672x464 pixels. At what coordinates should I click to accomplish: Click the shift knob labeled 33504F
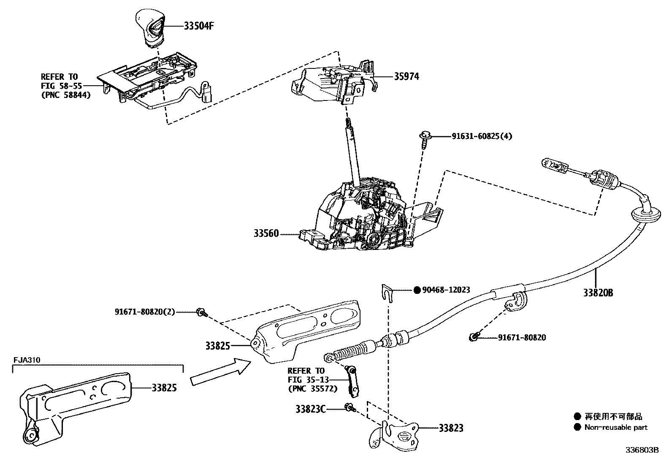point(151,27)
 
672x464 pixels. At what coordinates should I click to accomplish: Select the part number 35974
point(406,76)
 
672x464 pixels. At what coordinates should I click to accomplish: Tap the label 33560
point(266,233)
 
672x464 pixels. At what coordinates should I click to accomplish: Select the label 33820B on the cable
point(598,293)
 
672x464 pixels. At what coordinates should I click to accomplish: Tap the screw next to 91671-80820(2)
point(201,312)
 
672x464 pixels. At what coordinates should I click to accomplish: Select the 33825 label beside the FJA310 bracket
point(164,387)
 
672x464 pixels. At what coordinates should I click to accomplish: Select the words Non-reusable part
point(615,427)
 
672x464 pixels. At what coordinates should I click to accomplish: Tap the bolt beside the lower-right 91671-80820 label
point(474,337)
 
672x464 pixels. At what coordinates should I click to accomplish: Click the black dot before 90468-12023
point(417,290)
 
